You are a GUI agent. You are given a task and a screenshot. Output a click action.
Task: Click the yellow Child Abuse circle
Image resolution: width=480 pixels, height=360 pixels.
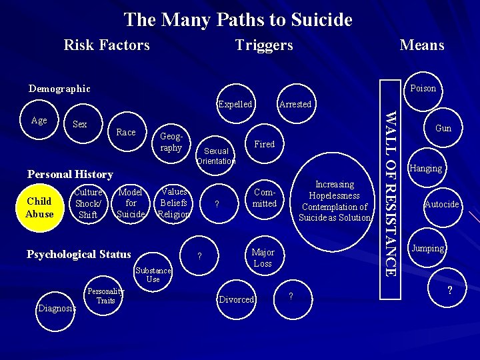(x=39, y=207)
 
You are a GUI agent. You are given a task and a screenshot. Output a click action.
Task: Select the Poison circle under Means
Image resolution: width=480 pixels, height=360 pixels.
(x=423, y=89)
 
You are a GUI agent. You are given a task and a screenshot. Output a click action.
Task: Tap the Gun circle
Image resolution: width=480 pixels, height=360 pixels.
(x=443, y=128)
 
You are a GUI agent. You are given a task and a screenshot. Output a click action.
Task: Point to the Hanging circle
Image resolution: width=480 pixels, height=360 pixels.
(x=426, y=168)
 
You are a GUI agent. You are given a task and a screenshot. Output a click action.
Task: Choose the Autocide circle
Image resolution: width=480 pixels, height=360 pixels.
(x=441, y=204)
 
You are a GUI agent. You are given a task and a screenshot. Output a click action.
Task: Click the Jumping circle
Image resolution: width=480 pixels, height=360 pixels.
(x=427, y=248)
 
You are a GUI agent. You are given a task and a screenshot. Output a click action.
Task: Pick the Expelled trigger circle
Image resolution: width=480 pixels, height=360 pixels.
(x=235, y=104)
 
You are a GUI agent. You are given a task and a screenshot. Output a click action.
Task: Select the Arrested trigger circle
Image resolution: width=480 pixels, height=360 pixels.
(x=295, y=104)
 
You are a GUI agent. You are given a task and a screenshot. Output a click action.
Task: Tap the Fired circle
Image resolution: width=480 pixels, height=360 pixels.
(x=265, y=144)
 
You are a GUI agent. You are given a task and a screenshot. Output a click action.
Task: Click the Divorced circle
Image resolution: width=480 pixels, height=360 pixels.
(x=237, y=299)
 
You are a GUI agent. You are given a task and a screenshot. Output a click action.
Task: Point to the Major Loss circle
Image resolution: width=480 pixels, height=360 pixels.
(x=263, y=257)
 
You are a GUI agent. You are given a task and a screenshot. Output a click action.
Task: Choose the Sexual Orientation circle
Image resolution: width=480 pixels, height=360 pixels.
(x=216, y=156)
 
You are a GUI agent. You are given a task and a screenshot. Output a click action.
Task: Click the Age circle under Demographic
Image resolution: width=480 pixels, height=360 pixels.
(x=39, y=121)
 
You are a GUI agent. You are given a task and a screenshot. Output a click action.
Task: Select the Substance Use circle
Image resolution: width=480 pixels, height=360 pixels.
(x=153, y=275)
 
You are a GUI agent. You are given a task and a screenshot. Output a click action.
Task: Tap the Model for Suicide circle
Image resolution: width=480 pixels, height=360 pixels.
(x=131, y=203)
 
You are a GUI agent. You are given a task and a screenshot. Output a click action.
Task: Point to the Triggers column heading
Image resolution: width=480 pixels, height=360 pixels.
(x=264, y=45)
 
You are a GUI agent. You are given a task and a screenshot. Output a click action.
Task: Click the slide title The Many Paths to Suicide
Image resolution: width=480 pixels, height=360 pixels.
(x=238, y=19)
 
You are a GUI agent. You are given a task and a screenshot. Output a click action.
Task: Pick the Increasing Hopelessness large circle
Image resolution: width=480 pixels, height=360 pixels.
(x=335, y=201)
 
